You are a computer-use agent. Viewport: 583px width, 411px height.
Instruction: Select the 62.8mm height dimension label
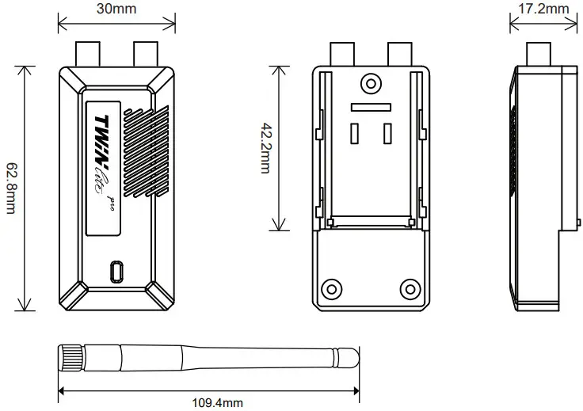(x=12, y=189)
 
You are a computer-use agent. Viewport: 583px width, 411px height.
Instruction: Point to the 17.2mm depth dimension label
(x=543, y=9)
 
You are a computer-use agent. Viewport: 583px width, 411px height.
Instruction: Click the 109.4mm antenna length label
(x=218, y=402)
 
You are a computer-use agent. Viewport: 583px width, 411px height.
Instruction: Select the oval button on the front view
(x=117, y=271)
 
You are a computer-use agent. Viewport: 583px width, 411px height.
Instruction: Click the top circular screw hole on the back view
(x=370, y=83)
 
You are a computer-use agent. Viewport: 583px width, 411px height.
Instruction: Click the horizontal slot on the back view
(x=370, y=105)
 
